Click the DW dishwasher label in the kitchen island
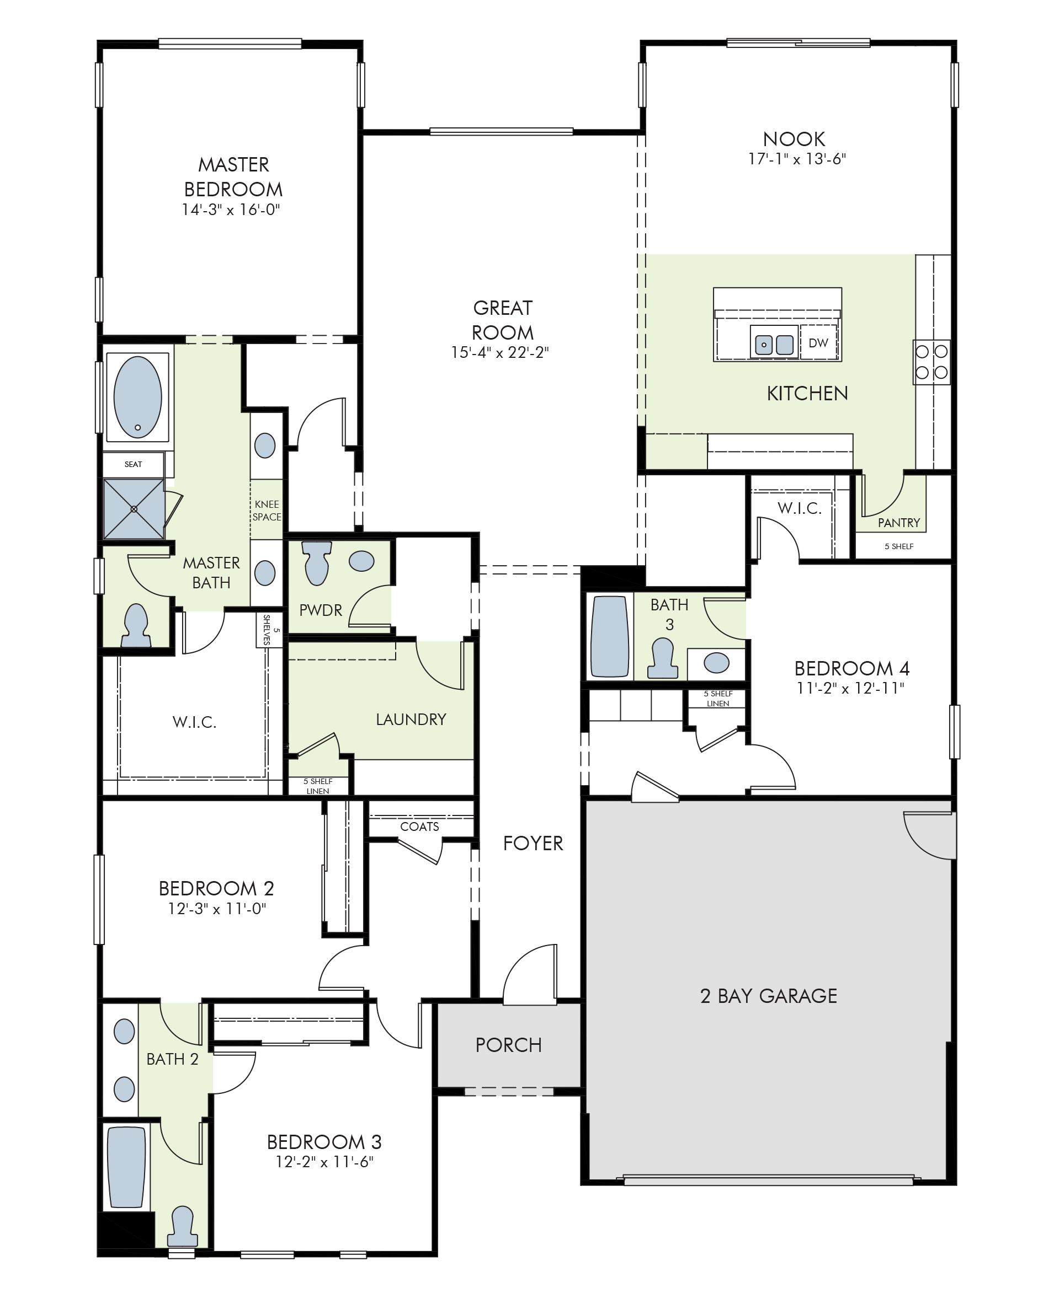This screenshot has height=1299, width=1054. [818, 343]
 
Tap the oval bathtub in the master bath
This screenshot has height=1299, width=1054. [138, 397]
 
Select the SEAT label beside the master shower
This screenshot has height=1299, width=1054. [133, 464]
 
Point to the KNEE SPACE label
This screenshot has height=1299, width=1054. [267, 510]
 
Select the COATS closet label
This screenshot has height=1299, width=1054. [419, 826]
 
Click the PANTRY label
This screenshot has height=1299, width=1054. [898, 522]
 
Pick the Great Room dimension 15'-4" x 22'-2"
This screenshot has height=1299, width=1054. [499, 352]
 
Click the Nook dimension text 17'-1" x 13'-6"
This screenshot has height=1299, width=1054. [797, 158]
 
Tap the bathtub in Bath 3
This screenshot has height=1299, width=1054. [609, 636]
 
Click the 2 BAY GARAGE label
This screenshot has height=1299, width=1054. [769, 996]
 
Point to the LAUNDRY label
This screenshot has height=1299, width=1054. [411, 719]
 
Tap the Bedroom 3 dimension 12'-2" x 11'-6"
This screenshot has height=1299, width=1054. [324, 1161]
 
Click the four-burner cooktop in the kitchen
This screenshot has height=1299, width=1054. [931, 362]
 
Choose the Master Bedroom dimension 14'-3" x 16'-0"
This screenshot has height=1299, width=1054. [231, 210]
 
